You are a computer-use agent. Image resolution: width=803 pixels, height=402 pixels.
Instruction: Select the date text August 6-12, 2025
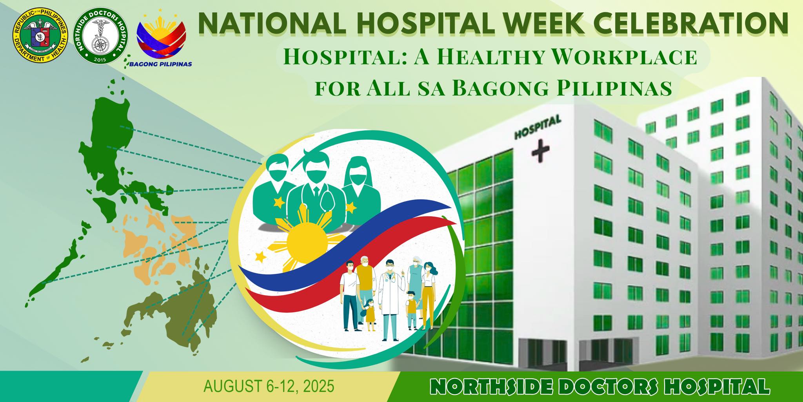tap(269, 386)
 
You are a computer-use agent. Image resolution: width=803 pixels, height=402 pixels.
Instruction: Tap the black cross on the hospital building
tap(540, 149)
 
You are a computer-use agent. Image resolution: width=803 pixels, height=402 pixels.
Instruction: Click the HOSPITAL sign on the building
tap(538, 127)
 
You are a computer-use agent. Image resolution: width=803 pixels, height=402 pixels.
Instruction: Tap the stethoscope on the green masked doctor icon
tap(326, 202)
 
